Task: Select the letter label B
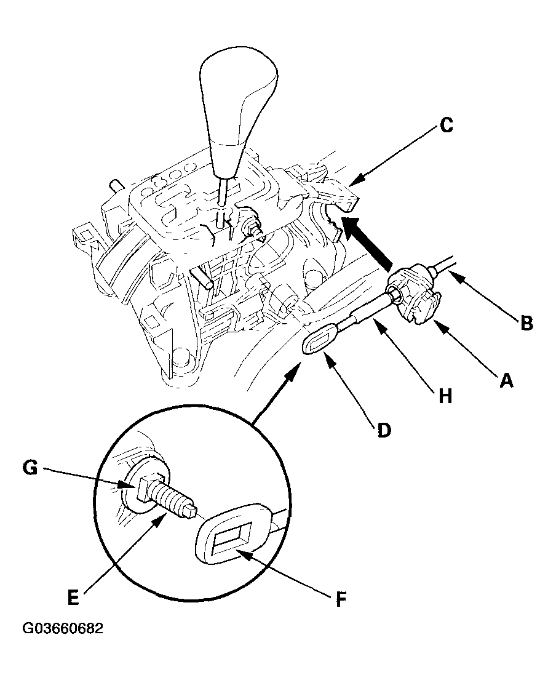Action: [526, 323]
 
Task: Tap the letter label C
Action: [447, 125]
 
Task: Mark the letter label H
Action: [446, 396]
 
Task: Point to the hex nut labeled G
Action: [144, 489]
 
